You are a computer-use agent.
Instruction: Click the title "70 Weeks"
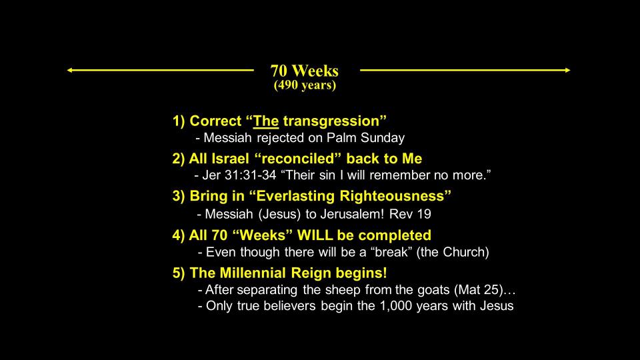coord(305,71)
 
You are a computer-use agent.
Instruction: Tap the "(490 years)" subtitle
coord(305,85)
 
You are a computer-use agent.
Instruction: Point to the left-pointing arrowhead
coord(69,70)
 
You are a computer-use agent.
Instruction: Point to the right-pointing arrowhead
coord(567,70)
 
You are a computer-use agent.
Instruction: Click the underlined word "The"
coord(266,121)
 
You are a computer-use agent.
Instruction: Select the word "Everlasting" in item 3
coord(296,196)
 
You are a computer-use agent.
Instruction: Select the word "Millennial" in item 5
coord(253,273)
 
